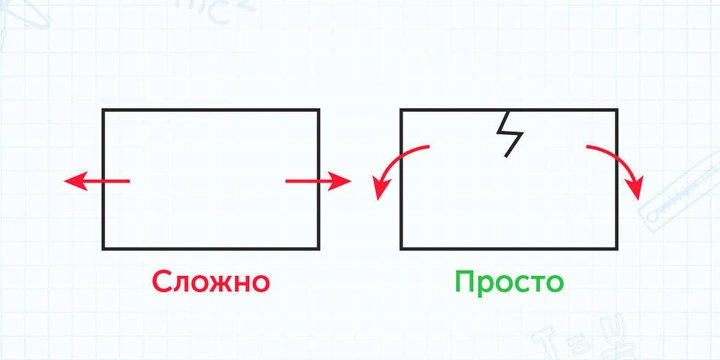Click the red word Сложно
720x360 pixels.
point(211,282)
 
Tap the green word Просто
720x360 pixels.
point(509,282)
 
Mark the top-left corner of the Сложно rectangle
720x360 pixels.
point(104,110)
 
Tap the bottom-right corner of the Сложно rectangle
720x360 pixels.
point(318,247)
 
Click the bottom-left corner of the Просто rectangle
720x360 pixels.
point(402,247)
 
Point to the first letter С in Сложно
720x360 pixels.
point(164,282)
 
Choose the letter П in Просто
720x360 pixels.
point(467,281)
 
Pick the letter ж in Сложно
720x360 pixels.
point(219,283)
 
